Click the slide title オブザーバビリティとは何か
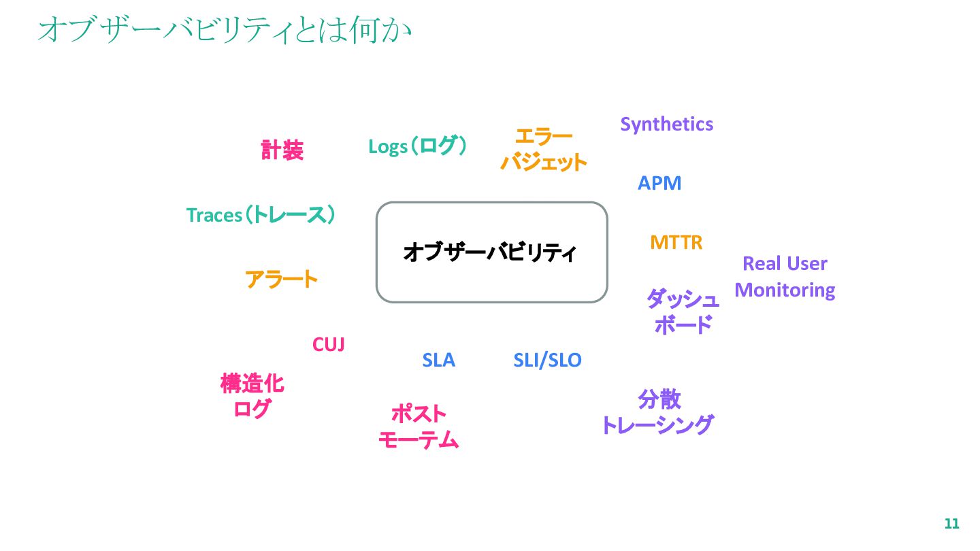225,31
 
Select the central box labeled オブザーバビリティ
491,252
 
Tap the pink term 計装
282,150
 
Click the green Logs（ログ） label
418,146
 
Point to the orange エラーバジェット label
543,150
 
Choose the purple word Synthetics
666,124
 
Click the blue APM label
659,184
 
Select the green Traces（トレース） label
261,216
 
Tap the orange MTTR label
676,243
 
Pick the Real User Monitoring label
785,277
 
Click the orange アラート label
281,279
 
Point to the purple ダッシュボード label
683,312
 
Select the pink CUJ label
328,345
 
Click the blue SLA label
438,361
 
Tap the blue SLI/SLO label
547,361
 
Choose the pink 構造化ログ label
252,397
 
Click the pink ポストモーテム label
419,427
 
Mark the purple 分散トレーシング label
658,412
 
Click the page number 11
951,524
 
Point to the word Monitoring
785,290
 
